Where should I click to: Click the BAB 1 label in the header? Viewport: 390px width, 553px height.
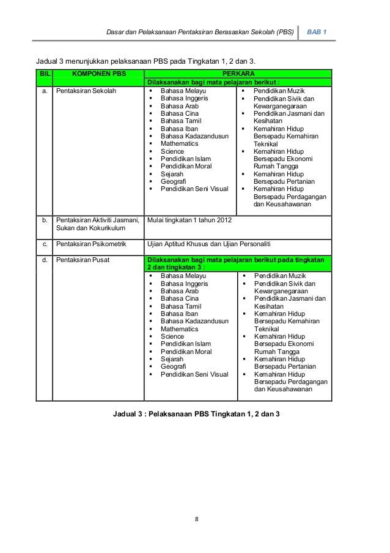tap(317, 31)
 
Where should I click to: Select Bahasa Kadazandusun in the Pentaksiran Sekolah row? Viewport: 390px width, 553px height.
tap(194, 136)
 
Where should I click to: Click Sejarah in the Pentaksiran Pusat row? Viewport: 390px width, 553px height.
tap(173, 359)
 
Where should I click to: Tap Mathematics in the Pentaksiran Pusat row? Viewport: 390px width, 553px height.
tap(179, 329)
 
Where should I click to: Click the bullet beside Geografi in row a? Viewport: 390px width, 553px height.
tap(150, 181)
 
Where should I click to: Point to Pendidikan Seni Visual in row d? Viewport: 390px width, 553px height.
tap(194, 374)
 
